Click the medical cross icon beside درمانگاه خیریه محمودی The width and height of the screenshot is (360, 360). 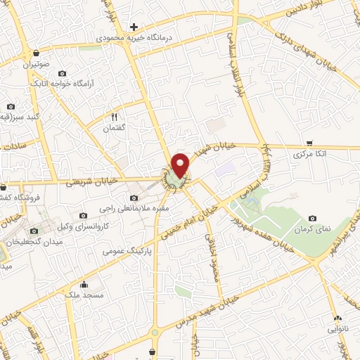coord(134,27)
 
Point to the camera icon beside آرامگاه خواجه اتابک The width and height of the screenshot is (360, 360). coord(63,74)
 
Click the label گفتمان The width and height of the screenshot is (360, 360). coord(114,128)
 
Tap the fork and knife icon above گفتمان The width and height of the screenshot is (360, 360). coord(114,117)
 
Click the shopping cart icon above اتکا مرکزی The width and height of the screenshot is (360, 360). coord(309,143)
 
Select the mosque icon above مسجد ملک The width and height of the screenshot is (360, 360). coord(84,285)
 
